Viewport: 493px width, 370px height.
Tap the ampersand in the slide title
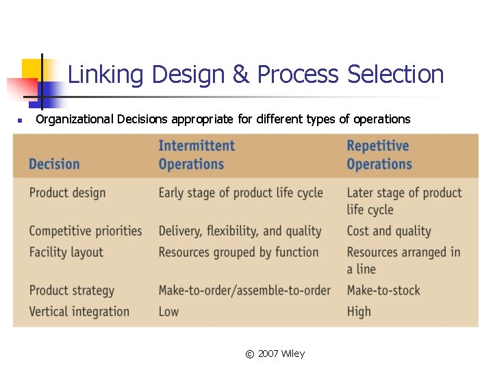(x=241, y=74)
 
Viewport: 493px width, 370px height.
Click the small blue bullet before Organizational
(x=20, y=121)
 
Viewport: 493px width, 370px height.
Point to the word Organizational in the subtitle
(x=75, y=119)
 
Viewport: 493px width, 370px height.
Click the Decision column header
(x=54, y=164)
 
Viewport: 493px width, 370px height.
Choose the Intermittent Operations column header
(x=196, y=155)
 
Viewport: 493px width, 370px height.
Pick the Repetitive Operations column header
(x=379, y=155)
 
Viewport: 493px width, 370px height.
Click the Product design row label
(x=67, y=193)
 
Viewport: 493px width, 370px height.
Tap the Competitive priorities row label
(x=85, y=231)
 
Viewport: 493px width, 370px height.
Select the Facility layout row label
(x=66, y=252)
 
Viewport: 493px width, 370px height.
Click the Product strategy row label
(x=71, y=291)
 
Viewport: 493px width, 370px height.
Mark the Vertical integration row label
(x=79, y=311)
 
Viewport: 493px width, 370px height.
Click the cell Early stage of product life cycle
(x=240, y=193)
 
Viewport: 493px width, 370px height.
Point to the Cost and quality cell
(x=388, y=231)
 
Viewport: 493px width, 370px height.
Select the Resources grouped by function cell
(x=238, y=252)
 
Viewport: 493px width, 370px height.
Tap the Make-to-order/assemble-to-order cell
(x=244, y=291)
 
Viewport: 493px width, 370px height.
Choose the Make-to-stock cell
(x=383, y=291)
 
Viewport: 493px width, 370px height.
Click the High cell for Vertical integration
(x=359, y=311)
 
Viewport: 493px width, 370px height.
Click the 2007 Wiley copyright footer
(x=275, y=354)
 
